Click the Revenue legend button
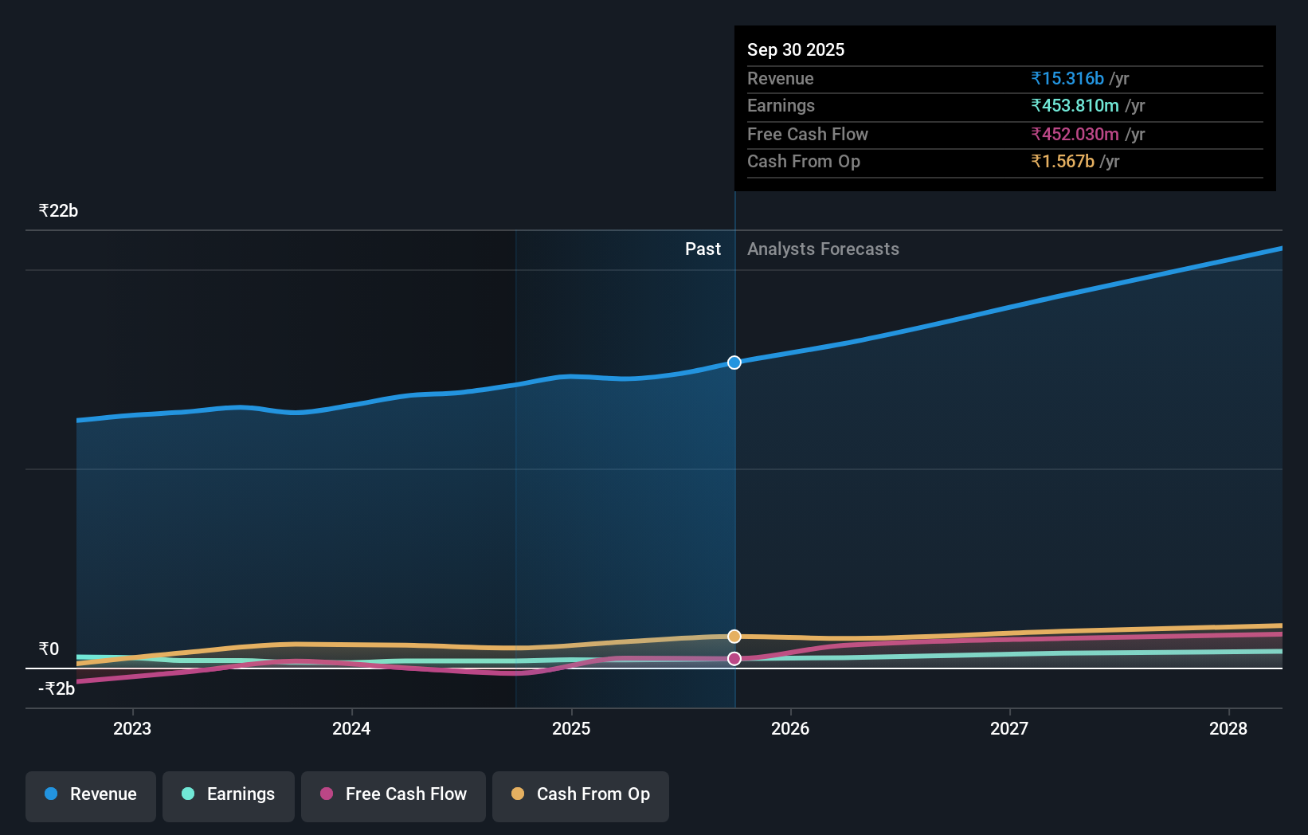tap(91, 794)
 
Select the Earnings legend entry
tap(229, 794)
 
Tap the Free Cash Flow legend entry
tap(394, 794)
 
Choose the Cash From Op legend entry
tap(581, 794)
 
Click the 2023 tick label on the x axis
tap(132, 728)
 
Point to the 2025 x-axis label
tap(571, 728)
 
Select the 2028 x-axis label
tap(1228, 728)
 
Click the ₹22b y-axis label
tap(58, 211)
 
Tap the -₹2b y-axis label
tap(57, 688)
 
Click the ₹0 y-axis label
tap(49, 649)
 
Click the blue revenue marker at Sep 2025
tap(734, 363)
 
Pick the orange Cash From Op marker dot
tap(734, 637)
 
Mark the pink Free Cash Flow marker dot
tap(734, 659)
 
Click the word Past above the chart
tap(703, 249)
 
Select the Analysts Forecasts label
tap(823, 249)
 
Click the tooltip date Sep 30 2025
tap(796, 50)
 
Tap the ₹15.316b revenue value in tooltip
tap(1067, 79)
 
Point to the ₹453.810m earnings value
tap(1075, 106)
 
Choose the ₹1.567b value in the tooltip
tap(1063, 162)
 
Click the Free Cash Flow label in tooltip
tap(808, 135)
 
